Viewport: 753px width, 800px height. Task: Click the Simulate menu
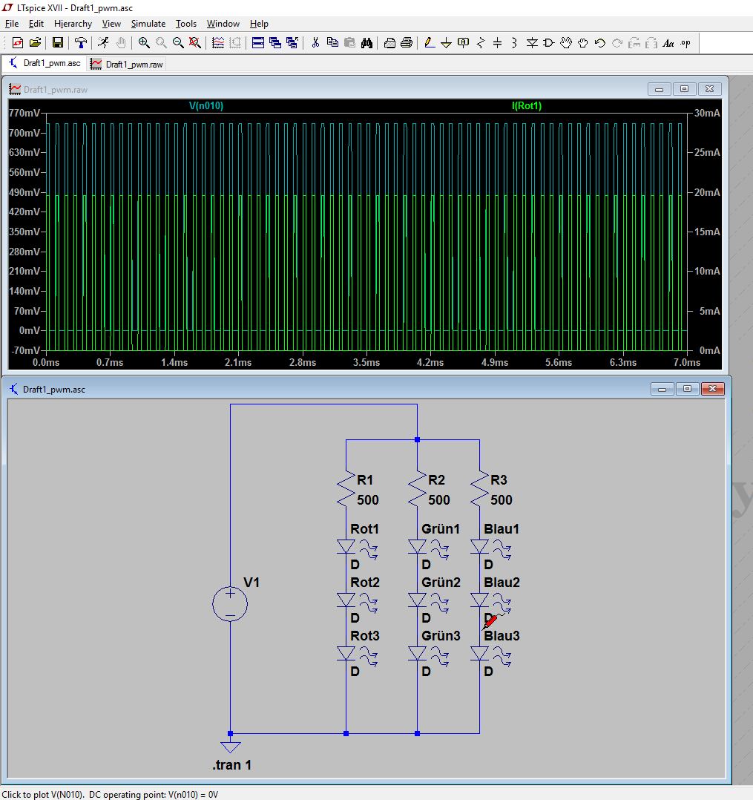coord(148,24)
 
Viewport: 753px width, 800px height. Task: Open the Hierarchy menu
coord(73,24)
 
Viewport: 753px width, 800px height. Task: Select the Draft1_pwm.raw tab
coord(127,65)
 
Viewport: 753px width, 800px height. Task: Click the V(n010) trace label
coord(206,105)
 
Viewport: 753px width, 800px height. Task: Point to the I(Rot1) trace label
coord(527,105)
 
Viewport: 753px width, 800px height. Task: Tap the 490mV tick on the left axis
coord(24,192)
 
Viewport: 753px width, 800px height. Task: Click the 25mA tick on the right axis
coord(707,153)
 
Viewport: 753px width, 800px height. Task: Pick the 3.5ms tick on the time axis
coord(366,362)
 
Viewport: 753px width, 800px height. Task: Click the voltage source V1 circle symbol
coord(230,604)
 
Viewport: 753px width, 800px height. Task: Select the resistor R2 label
coord(436,479)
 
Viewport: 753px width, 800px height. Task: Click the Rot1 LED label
coord(364,528)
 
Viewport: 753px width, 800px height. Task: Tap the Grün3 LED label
coord(441,636)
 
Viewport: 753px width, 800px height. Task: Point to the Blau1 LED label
coord(502,528)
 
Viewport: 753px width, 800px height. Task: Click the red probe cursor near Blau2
coord(490,622)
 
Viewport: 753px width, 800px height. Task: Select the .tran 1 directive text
coord(231,765)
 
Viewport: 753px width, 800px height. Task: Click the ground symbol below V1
coord(230,747)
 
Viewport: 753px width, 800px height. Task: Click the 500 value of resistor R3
coord(501,499)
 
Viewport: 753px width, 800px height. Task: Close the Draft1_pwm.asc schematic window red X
coord(712,389)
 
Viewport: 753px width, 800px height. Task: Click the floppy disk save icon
coord(58,43)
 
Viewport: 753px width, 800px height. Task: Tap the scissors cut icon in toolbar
coord(315,43)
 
